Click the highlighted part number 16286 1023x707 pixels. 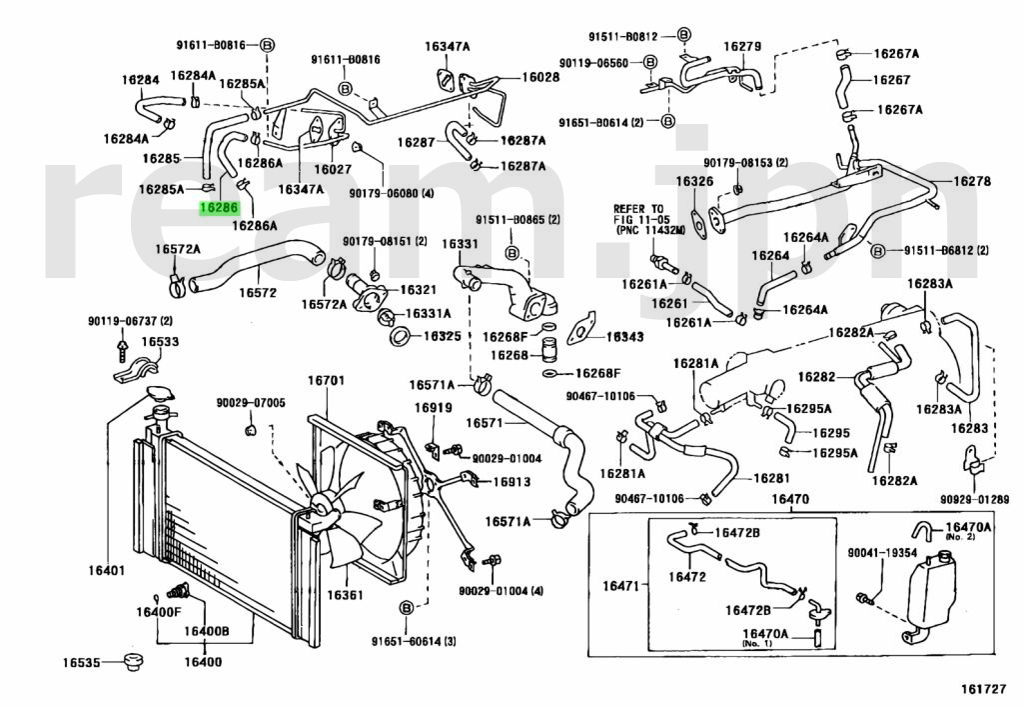tap(219, 208)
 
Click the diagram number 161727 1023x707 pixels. tap(985, 689)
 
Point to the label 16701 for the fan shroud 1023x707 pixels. tap(325, 381)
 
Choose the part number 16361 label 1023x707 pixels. tap(344, 595)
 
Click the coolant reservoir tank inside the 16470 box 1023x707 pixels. tap(937, 594)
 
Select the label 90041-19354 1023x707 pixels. tap(882, 552)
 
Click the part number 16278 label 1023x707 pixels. tap(970, 181)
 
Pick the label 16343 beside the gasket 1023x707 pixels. tap(623, 337)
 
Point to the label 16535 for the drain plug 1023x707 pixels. tap(82, 662)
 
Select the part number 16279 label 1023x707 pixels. tap(742, 46)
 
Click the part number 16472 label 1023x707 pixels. tap(686, 576)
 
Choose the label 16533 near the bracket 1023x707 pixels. tap(160, 342)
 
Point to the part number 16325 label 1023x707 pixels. tap(442, 336)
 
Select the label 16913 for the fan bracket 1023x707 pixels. tap(511, 481)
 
